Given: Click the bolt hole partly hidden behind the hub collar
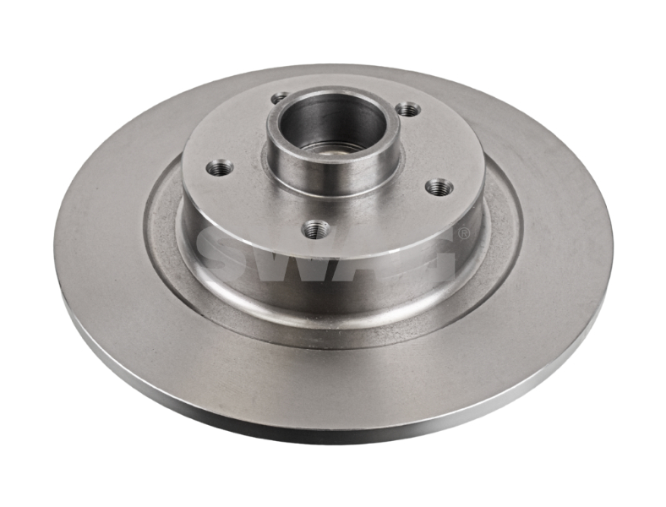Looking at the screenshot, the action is pyautogui.click(x=279, y=99).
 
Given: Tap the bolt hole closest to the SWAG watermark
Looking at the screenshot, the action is pyautogui.click(x=316, y=230).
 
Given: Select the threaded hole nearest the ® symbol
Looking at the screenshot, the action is pyautogui.click(x=439, y=188).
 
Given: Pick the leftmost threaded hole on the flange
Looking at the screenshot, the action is pyautogui.click(x=220, y=167).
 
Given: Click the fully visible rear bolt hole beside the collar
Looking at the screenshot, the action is pyautogui.click(x=408, y=110).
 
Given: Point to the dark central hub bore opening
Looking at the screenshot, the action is pyautogui.click(x=332, y=123).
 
